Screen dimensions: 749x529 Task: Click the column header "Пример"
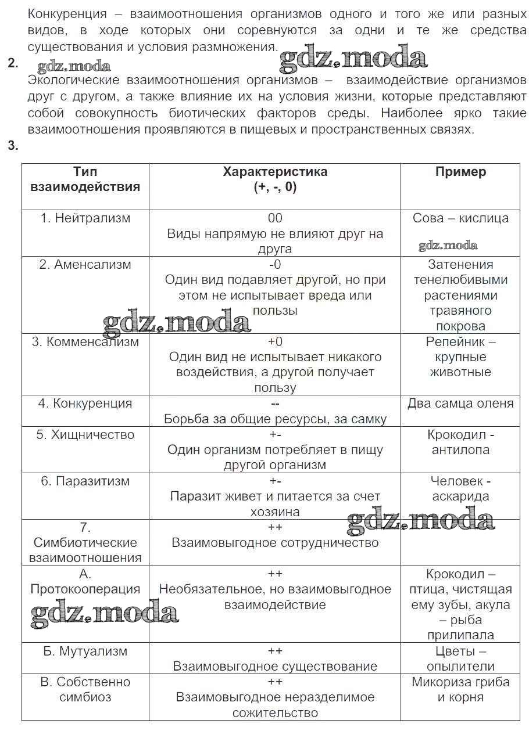[x=460, y=172]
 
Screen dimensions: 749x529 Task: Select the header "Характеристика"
[x=275, y=172]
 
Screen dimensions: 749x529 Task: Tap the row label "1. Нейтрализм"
[x=85, y=218]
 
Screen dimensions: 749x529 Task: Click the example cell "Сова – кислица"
[x=460, y=218]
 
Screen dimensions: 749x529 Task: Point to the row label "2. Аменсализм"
[x=85, y=265]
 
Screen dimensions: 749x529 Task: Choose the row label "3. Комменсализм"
[x=85, y=341]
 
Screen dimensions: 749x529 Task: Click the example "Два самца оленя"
[x=460, y=404]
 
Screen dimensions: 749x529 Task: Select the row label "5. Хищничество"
[x=85, y=435]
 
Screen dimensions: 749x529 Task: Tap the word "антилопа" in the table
[x=460, y=450]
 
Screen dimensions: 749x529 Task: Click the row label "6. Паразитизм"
[x=85, y=481]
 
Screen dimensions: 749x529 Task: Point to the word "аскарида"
[x=460, y=496]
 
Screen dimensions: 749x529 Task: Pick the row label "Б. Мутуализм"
[x=85, y=651]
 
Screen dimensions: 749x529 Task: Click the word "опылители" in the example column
[x=460, y=667]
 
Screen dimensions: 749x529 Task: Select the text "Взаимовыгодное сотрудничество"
[x=275, y=543]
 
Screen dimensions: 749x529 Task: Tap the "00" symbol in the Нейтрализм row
[x=275, y=218]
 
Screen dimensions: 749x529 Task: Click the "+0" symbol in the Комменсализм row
[x=275, y=341]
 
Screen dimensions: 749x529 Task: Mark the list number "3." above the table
[x=13, y=146]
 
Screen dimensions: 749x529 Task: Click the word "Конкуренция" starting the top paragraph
[x=67, y=14]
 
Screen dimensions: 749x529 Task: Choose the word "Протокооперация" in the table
[x=85, y=589]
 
